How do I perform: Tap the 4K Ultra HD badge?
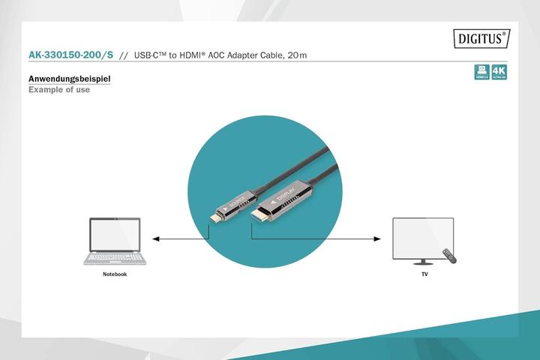tap(499, 72)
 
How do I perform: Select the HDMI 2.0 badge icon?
tap(481, 72)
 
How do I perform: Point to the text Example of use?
tap(58, 90)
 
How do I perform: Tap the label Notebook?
tap(115, 274)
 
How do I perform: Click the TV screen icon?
tap(424, 238)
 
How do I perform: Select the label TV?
tap(424, 274)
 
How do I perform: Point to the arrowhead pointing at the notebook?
tap(156, 239)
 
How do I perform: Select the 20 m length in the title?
tap(297, 55)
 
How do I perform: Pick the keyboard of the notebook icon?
tap(115, 256)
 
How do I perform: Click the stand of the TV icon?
tap(424, 261)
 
